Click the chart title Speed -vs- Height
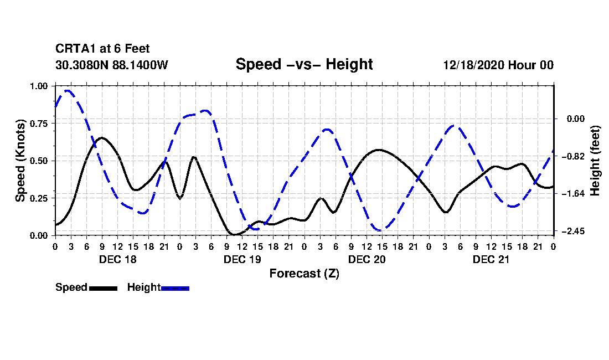pos(304,64)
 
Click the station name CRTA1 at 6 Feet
pos(102,49)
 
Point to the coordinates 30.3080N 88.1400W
pos(111,65)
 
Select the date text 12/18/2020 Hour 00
pos(498,65)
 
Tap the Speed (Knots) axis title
pos(20,161)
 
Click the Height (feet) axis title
pos(595,161)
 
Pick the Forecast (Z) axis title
pos(304,274)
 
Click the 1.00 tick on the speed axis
pos(40,86)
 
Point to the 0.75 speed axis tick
pos(40,124)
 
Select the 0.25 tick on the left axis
pos(40,198)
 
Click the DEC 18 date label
pos(117,259)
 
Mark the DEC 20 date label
pos(367,259)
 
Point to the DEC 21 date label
pos(491,259)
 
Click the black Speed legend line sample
pos(103,288)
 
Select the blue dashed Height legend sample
pos(175,288)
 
